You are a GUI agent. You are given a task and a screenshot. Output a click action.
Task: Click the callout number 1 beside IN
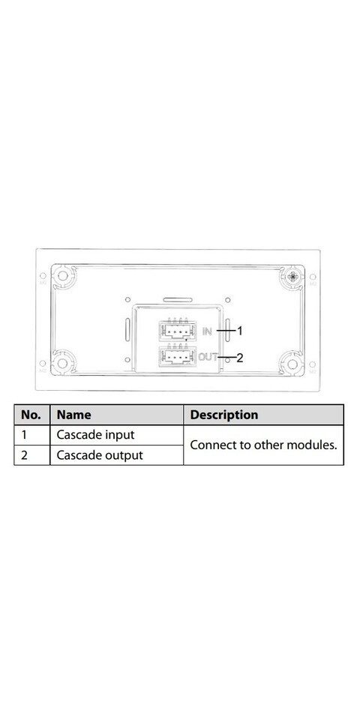point(238,330)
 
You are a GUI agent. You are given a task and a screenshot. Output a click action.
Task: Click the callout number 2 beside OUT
point(239,358)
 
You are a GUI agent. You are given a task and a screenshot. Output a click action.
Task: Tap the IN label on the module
point(207,331)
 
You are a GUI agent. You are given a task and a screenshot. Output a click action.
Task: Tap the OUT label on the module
point(208,355)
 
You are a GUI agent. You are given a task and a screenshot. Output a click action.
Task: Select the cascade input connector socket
point(177,330)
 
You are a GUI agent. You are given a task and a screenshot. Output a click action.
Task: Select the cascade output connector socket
point(177,356)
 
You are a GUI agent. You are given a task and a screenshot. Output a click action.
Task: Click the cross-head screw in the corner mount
point(292,277)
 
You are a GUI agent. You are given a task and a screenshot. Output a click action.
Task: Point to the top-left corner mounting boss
point(63,277)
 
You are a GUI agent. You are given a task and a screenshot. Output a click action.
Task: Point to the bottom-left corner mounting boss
point(62,363)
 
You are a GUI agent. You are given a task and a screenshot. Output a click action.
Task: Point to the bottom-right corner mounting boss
point(292,363)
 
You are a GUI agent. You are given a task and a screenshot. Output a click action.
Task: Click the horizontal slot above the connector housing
point(178,300)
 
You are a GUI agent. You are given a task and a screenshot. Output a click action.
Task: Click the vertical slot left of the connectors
point(127,330)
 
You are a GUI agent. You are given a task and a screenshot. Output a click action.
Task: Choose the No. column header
point(31,415)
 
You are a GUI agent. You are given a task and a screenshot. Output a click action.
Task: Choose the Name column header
point(73,415)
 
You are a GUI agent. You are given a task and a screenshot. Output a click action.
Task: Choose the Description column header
point(223,415)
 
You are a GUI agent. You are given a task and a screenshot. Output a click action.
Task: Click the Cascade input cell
point(95,435)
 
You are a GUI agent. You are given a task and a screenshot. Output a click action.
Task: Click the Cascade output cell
point(100,455)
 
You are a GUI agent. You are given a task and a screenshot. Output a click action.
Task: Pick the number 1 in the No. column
point(24,435)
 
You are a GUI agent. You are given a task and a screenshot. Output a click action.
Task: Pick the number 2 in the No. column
point(24,455)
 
